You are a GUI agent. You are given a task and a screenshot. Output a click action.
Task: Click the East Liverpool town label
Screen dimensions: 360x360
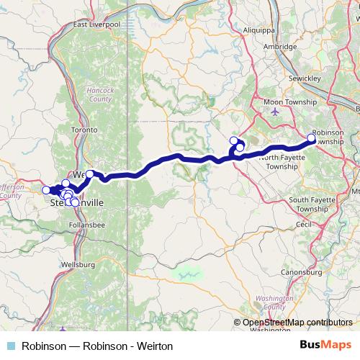100,24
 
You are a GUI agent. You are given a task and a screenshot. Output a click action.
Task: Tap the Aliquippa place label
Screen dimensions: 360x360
257,33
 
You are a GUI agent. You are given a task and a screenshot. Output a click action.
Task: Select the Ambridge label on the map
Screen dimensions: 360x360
281,47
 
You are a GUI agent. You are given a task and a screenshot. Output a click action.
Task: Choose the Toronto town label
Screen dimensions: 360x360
85,130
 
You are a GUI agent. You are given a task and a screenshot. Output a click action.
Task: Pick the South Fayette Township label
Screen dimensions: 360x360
318,204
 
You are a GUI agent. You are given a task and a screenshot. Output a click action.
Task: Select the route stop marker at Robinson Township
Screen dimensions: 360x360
312,138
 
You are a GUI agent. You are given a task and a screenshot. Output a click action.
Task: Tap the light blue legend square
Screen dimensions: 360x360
10,346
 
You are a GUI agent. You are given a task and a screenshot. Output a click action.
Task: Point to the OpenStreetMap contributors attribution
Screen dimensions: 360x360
297,323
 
